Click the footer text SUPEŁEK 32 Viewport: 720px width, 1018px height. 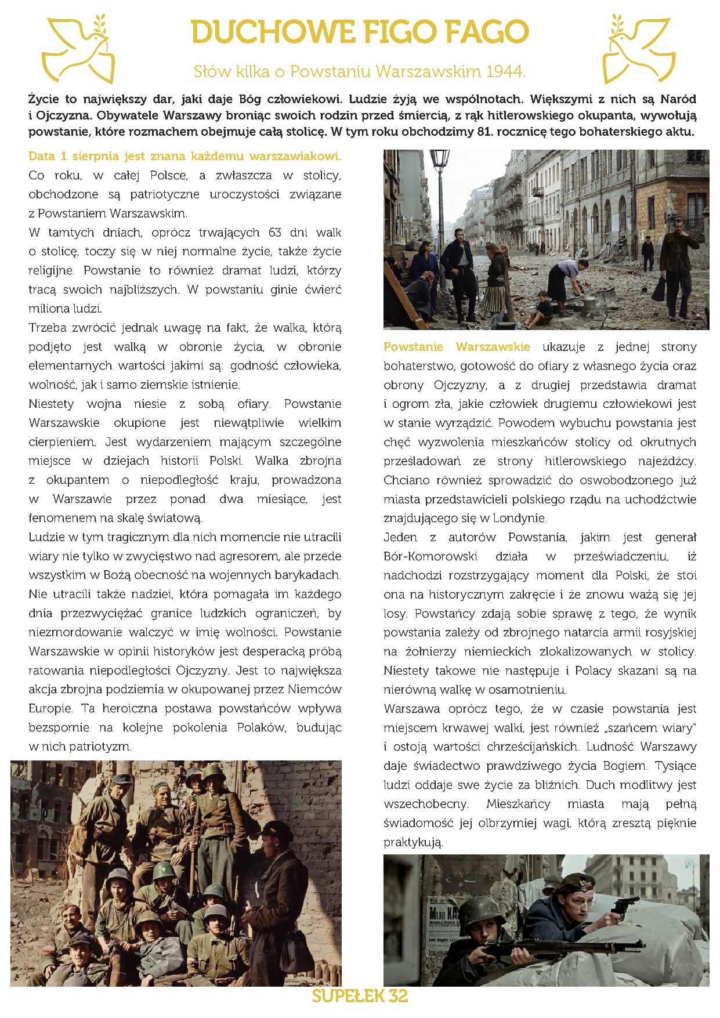(360, 997)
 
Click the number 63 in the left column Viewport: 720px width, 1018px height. (275, 233)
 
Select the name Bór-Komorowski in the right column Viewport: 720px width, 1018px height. (430, 556)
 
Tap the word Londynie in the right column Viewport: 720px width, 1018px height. (521, 518)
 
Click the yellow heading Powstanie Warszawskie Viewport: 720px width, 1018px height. (457, 347)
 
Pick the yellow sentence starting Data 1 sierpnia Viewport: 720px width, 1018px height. (184, 156)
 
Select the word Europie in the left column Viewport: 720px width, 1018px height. (50, 708)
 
